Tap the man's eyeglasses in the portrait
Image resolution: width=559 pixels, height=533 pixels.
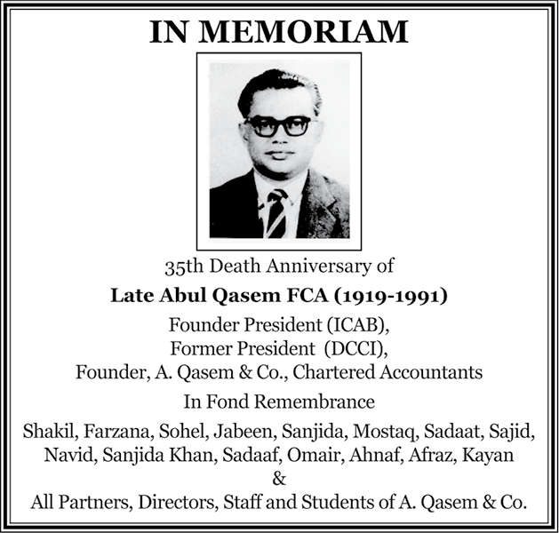point(277,125)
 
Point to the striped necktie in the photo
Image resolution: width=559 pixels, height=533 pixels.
point(276,212)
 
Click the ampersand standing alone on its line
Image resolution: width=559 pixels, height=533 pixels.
point(279,480)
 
